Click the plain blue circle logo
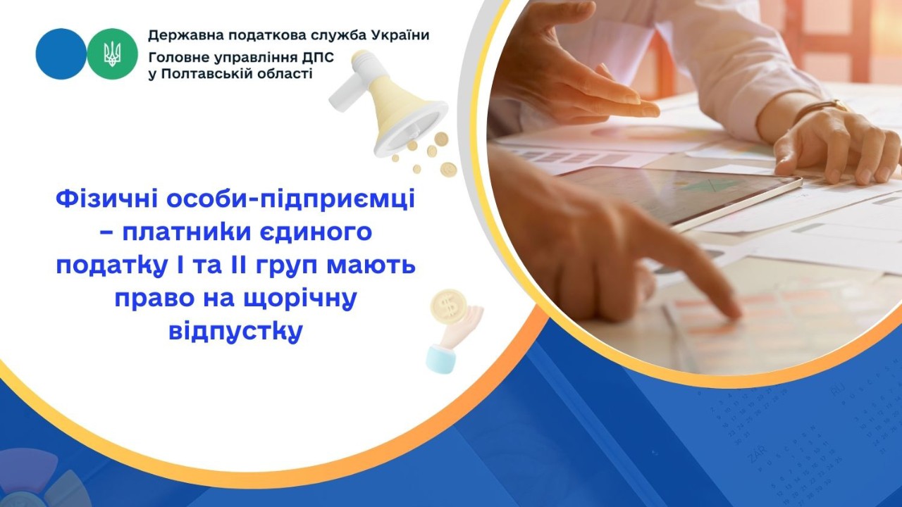61,54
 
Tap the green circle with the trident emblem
113,54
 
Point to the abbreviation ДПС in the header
299,55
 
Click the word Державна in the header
181,35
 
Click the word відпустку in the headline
235,331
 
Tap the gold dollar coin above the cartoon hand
447,305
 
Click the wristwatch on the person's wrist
822,108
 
